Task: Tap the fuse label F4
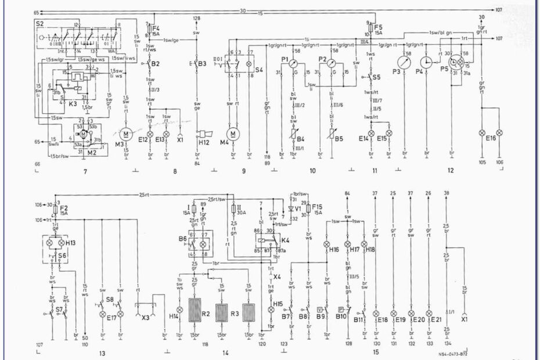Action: coord(157,27)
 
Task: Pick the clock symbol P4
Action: coord(426,62)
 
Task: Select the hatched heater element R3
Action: coord(221,313)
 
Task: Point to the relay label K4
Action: coord(285,239)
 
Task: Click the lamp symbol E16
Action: coord(481,133)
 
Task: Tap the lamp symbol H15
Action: coord(271,310)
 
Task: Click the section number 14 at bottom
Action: coord(225,353)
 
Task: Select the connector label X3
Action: coord(146,318)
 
